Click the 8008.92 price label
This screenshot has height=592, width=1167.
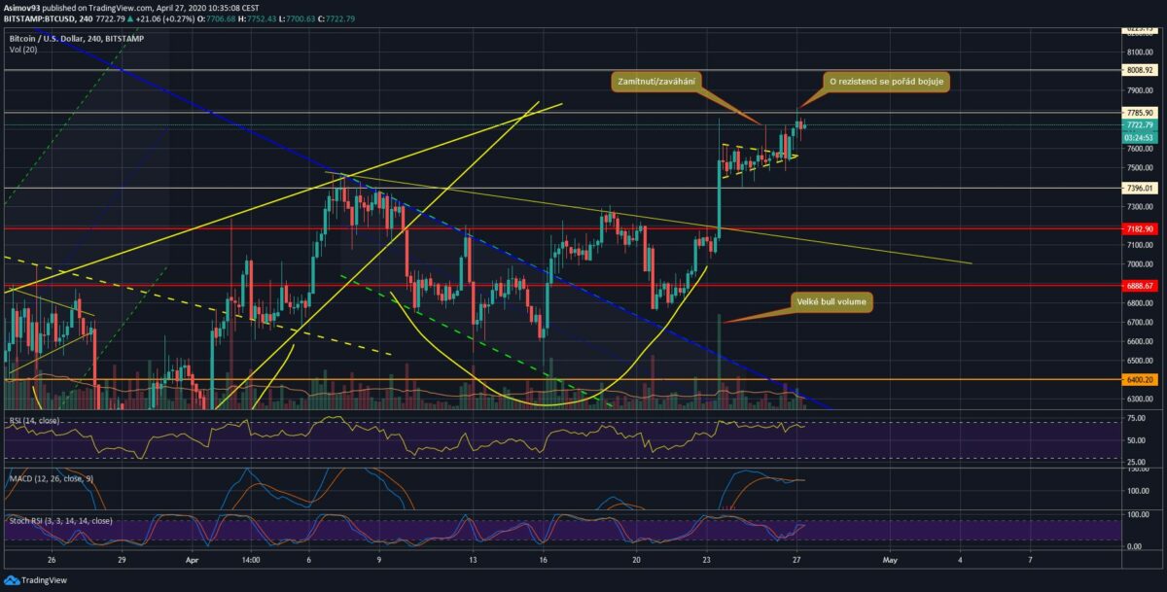pyautogui.click(x=1138, y=70)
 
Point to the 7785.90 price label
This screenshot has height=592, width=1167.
pyautogui.click(x=1138, y=113)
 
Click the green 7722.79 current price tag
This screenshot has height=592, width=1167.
pyautogui.click(x=1138, y=125)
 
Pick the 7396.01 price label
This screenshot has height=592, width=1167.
pyautogui.click(x=1138, y=188)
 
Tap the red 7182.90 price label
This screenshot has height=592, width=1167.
pyautogui.click(x=1138, y=228)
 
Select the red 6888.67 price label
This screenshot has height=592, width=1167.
pyautogui.click(x=1138, y=286)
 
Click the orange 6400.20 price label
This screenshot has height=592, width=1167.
pyautogui.click(x=1138, y=380)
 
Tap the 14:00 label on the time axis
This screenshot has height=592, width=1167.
pyautogui.click(x=250, y=560)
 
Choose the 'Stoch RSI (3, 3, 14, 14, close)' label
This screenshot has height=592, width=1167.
pyautogui.click(x=60, y=521)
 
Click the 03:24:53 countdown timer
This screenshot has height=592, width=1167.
pyautogui.click(x=1138, y=137)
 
